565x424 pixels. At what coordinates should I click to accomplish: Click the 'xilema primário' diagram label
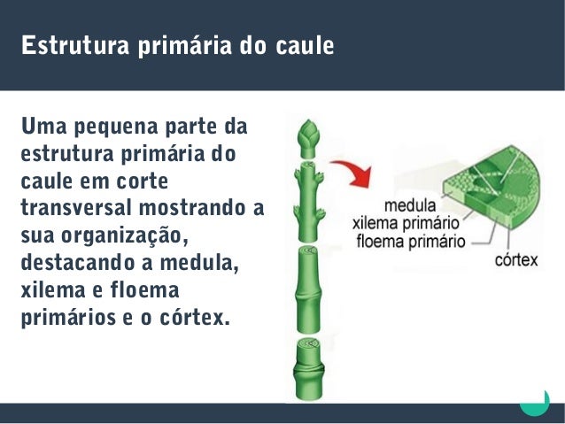click(406, 220)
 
